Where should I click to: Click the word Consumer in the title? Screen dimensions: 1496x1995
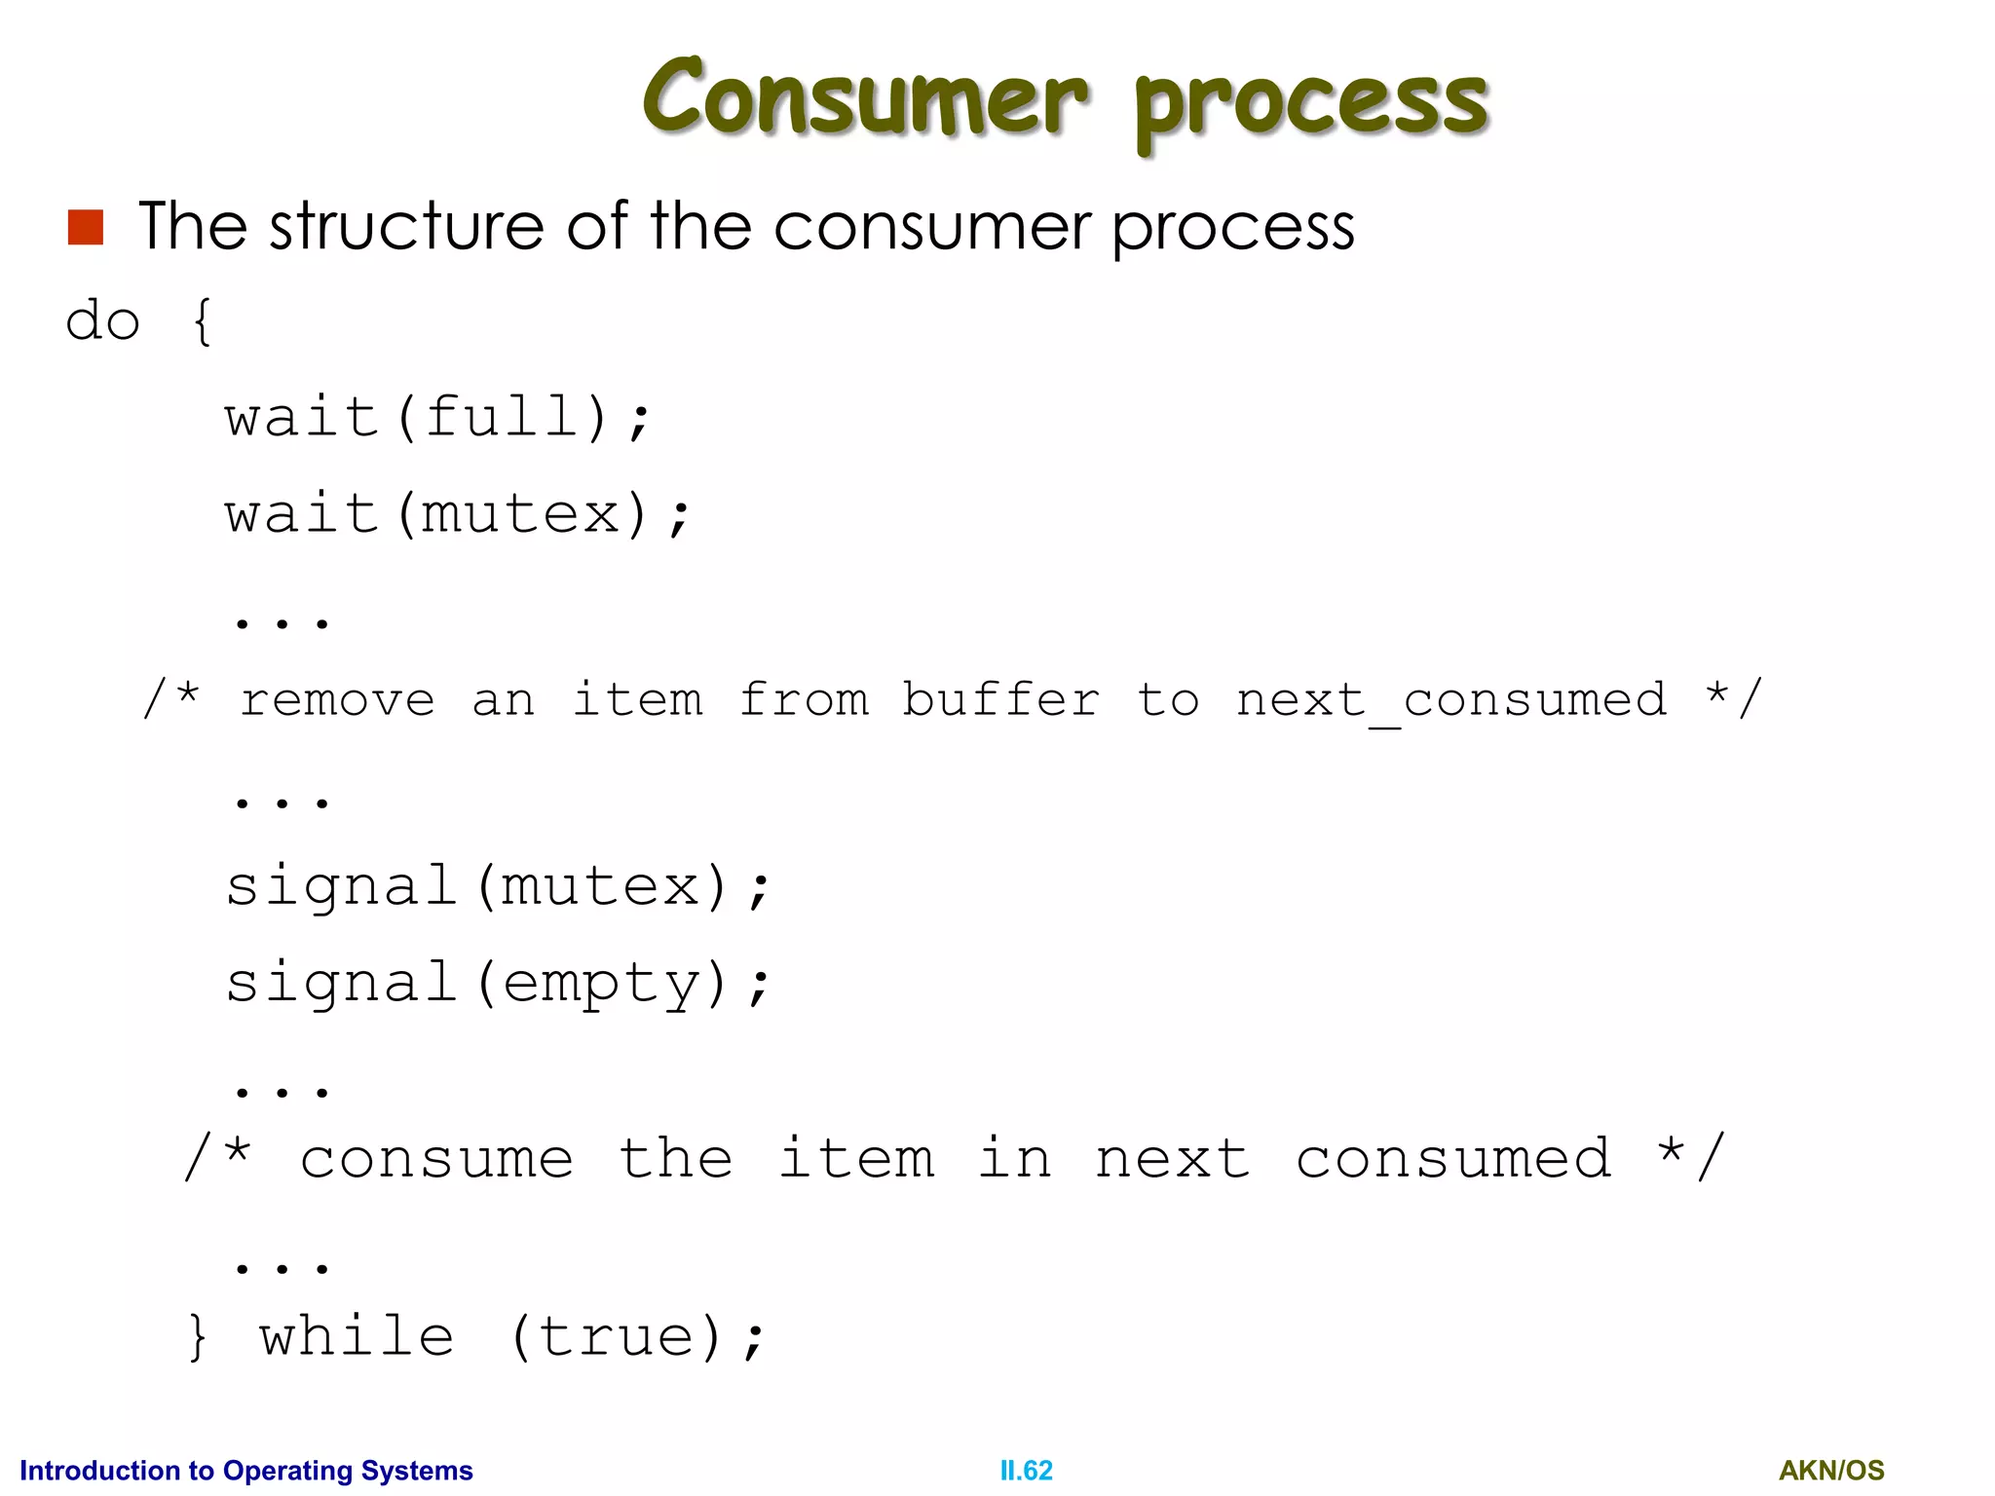tap(864, 96)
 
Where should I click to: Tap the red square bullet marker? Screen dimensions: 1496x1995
tap(86, 227)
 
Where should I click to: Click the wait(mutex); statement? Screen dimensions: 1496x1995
tap(457, 513)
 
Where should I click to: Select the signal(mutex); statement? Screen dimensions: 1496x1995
tap(498, 886)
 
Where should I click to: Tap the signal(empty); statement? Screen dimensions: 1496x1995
tap(498, 982)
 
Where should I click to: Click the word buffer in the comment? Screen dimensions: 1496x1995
tap(1000, 699)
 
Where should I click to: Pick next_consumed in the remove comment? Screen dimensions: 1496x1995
tap(1451, 701)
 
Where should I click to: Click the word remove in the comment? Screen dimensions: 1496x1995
tap(337, 700)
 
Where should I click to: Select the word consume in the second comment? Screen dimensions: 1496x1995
tap(436, 1159)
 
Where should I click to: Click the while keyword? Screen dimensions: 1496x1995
tap(357, 1335)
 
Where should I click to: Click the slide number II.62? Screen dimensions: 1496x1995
tap(1026, 1470)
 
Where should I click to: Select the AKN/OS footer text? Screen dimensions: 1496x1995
tap(1831, 1470)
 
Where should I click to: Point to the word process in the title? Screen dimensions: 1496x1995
tap(1311, 105)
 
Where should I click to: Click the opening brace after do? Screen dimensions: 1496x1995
tap(202, 321)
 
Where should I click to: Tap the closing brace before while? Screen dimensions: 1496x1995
tap(197, 1336)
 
